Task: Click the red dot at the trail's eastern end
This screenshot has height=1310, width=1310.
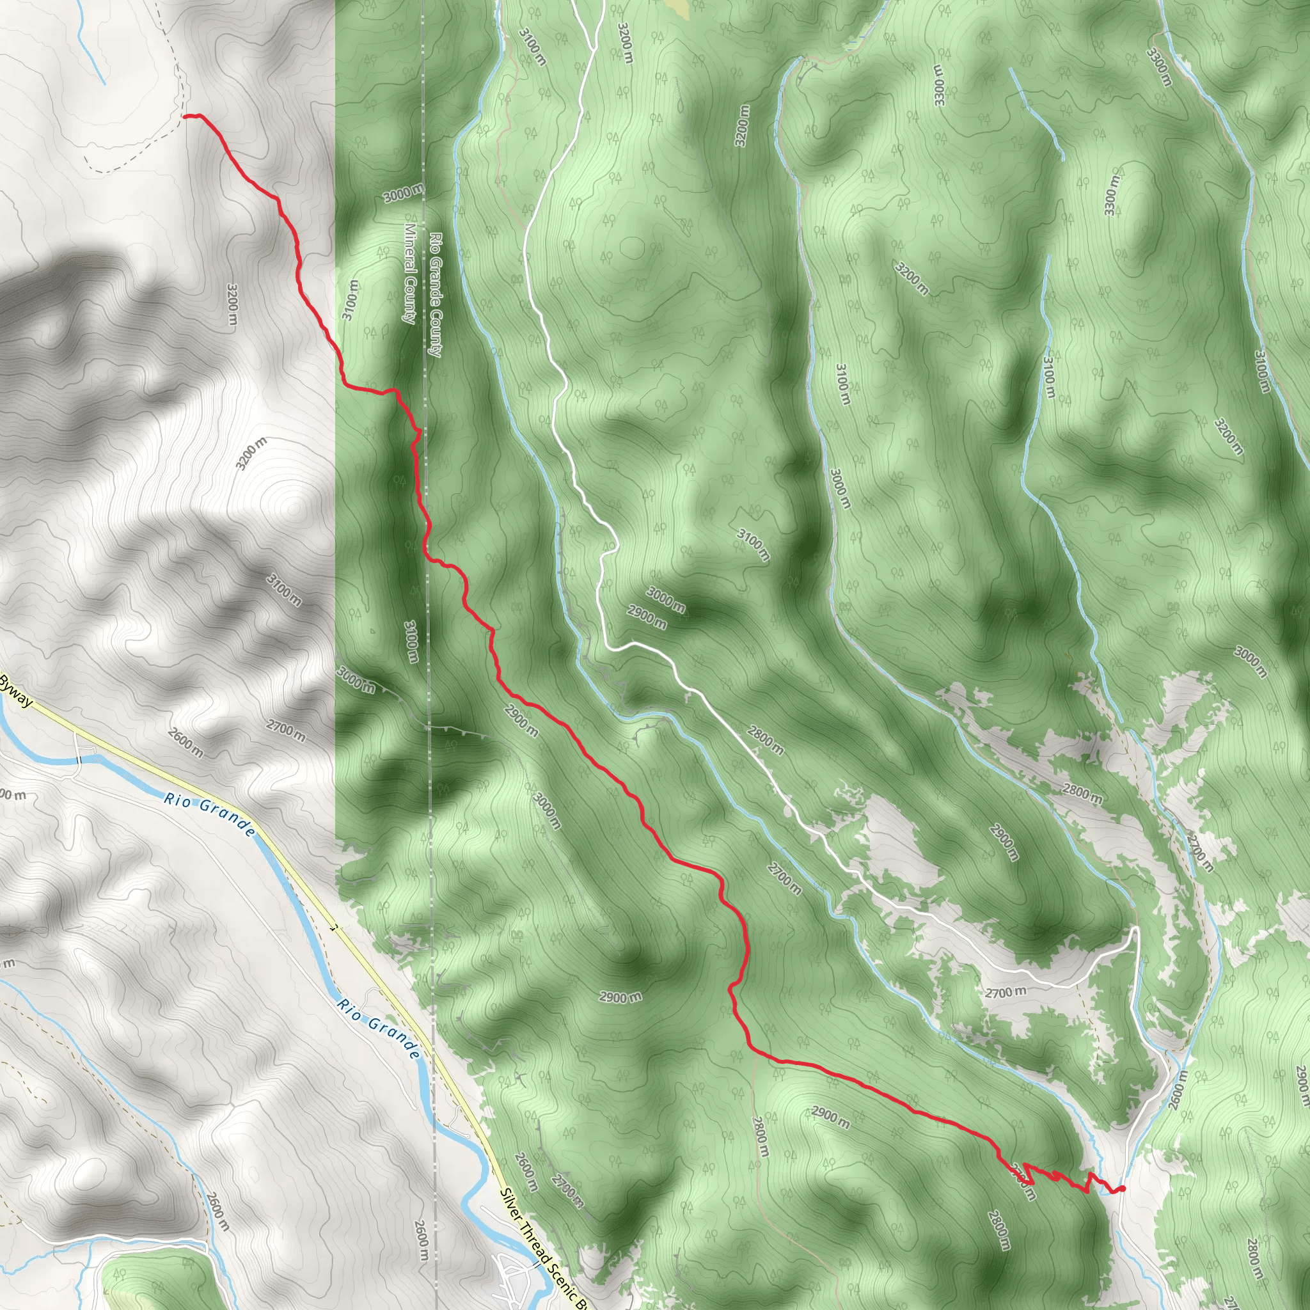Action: point(1122,1188)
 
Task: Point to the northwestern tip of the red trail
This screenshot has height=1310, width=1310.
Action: point(185,116)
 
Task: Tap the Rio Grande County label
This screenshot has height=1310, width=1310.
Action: point(436,295)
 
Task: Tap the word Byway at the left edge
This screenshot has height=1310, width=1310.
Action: point(15,691)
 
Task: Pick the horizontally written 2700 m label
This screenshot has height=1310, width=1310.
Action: point(1006,993)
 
